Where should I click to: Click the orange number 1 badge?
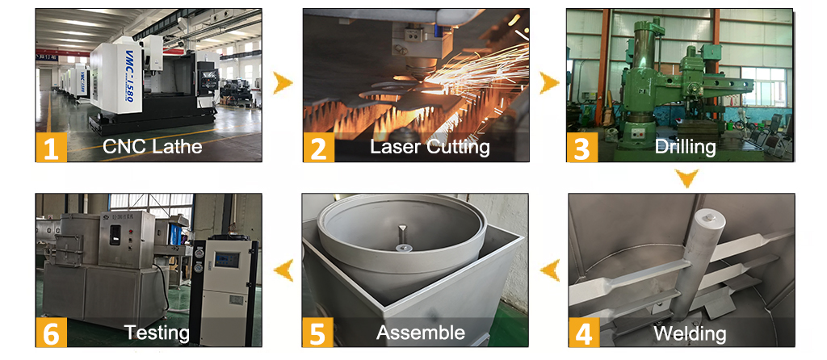51,147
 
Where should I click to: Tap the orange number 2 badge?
318,147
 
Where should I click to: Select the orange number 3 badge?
582,147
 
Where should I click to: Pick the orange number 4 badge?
584,332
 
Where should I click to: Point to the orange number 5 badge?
317,332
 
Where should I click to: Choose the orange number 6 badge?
51,332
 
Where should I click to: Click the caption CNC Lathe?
153,146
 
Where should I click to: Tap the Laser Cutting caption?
430,147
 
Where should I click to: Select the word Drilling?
685,147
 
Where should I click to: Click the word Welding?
690,333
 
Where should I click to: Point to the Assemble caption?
421,333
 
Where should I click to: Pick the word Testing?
157,333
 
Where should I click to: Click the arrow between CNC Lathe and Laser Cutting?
283,83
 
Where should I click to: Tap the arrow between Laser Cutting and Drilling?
549,83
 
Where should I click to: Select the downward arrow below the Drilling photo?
687,178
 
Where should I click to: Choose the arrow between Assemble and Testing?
283,270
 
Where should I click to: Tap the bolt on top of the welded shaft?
711,216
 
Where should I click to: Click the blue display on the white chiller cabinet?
227,259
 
